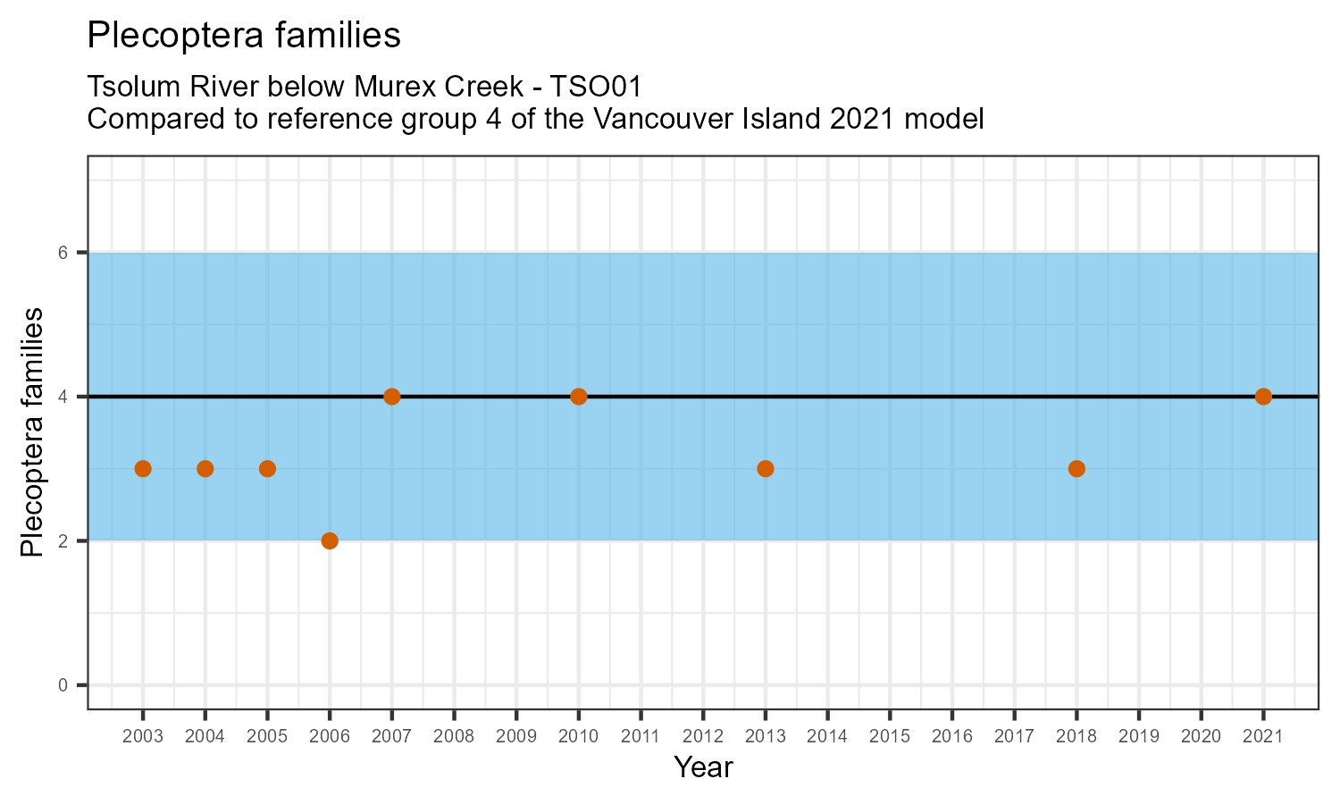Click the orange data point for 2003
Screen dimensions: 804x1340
pyautogui.click(x=143, y=469)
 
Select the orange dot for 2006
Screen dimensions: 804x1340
pyautogui.click(x=330, y=540)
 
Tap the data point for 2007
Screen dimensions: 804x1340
pyautogui.click(x=391, y=397)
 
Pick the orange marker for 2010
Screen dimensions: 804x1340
pyautogui.click(x=578, y=397)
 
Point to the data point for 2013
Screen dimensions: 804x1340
pyautogui.click(x=766, y=469)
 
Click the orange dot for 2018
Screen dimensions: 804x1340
pyautogui.click(x=1076, y=469)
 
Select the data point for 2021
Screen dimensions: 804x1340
pyautogui.click(x=1263, y=397)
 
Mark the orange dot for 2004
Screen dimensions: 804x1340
pyautogui.click(x=205, y=469)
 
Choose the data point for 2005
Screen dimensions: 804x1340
pyautogui.click(x=267, y=469)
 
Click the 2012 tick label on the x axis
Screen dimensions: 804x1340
pyautogui.click(x=703, y=737)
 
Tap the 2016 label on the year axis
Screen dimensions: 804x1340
pyautogui.click(x=952, y=737)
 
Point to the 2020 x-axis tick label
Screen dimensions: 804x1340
pyautogui.click(x=1201, y=737)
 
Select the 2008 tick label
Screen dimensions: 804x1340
pyautogui.click(x=454, y=737)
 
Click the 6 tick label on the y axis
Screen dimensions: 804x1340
pyautogui.click(x=63, y=253)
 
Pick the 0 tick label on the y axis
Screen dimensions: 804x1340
pyautogui.click(x=63, y=685)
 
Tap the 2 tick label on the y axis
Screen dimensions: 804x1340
pyautogui.click(x=63, y=541)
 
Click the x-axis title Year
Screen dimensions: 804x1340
pyautogui.click(x=703, y=767)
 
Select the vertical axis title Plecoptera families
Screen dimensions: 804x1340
pyautogui.click(x=32, y=432)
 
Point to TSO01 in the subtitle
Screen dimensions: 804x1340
pyautogui.click(x=596, y=88)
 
